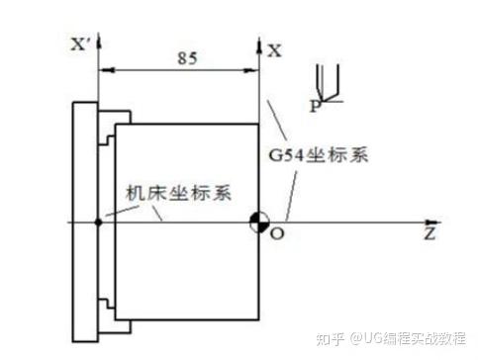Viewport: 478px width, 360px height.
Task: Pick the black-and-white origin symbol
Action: pyautogui.click(x=258, y=222)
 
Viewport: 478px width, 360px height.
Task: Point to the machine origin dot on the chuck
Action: pyautogui.click(x=98, y=222)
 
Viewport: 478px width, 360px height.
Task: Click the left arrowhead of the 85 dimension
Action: pyautogui.click(x=106, y=68)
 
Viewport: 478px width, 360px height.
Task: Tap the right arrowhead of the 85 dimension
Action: pyautogui.click(x=251, y=68)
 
